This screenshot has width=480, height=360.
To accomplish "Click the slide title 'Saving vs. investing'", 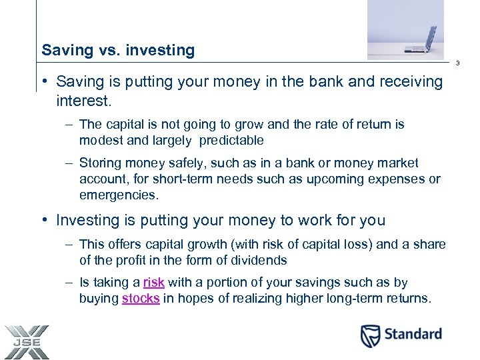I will [118, 50].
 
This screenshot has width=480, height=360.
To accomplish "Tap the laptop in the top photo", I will [421, 41].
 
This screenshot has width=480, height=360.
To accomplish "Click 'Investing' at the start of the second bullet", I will [87, 220].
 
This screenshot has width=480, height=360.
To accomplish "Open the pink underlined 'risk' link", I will [153, 283].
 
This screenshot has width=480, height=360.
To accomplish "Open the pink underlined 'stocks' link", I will [141, 299].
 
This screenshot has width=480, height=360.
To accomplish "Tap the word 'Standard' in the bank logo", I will [413, 334].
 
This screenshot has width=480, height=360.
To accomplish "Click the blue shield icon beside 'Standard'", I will [370, 335].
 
